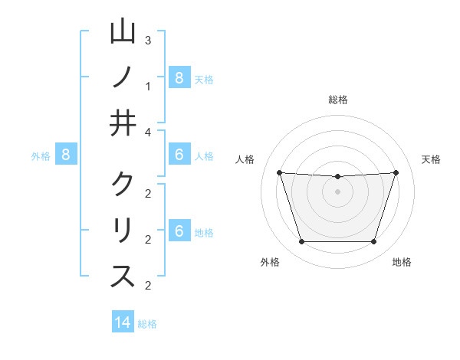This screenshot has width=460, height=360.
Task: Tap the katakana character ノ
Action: (x=123, y=77)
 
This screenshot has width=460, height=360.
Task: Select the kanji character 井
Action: (x=123, y=123)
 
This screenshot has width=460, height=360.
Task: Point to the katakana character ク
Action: (x=123, y=185)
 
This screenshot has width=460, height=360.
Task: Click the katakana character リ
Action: (x=123, y=231)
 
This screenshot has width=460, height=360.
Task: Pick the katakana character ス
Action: (x=123, y=277)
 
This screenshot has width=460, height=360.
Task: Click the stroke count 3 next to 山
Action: (x=148, y=40)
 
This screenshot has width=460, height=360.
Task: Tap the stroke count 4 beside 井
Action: (x=148, y=132)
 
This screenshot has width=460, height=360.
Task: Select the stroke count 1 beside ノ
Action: (x=148, y=86)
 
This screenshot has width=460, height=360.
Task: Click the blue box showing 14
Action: (x=123, y=322)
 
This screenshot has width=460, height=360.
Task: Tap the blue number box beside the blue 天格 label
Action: (x=179, y=77)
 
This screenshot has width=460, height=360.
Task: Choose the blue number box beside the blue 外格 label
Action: (x=66, y=155)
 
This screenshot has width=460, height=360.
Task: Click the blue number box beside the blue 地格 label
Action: (x=179, y=231)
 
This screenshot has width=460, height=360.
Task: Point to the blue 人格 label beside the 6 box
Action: (x=204, y=155)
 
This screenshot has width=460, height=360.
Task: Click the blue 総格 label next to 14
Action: (x=147, y=323)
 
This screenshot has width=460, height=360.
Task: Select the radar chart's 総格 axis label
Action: (x=337, y=100)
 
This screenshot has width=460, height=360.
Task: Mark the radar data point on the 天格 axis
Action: (x=396, y=172)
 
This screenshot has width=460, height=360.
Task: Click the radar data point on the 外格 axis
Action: (x=301, y=242)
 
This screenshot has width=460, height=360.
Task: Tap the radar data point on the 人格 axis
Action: (x=279, y=172)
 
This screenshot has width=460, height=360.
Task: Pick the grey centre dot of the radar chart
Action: (x=337, y=191)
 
